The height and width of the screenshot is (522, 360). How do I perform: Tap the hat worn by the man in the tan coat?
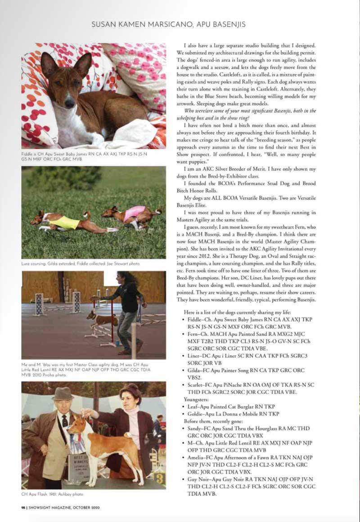pos(62,394)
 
